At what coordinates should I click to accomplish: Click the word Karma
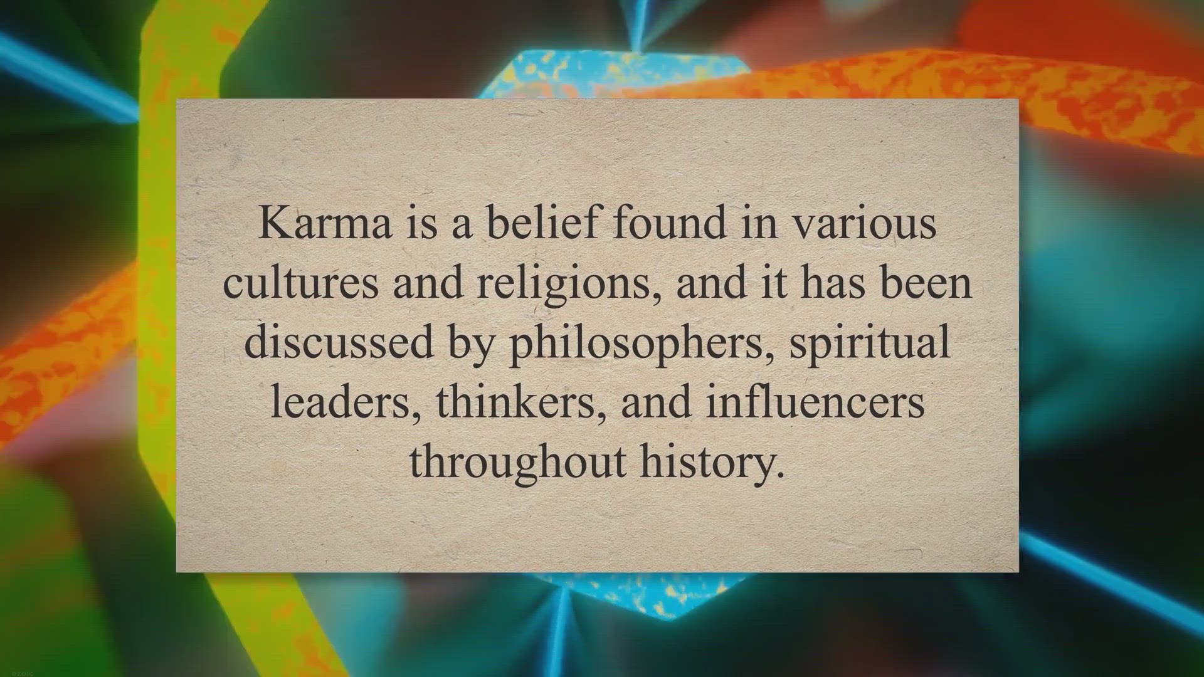[x=325, y=223]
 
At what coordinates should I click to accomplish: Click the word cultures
[x=301, y=283]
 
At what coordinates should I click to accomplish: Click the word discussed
[x=339, y=342]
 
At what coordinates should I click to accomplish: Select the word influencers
[x=815, y=402]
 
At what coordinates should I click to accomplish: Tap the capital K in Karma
[x=273, y=223]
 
